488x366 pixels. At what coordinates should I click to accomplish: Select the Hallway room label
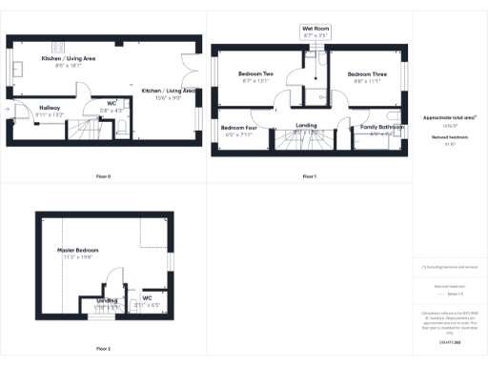click(50, 108)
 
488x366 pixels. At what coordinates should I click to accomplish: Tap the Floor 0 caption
click(103, 176)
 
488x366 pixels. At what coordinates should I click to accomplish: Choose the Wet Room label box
click(315, 29)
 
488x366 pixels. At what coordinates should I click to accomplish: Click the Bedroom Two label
click(255, 73)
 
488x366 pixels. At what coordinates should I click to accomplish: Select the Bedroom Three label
click(366, 73)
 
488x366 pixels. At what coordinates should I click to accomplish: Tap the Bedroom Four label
click(238, 128)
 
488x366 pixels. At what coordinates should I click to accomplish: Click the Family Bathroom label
click(381, 127)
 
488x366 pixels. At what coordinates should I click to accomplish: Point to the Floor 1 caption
click(309, 176)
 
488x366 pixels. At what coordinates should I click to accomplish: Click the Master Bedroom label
click(78, 250)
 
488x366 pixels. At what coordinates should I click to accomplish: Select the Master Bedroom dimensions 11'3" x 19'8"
click(78, 256)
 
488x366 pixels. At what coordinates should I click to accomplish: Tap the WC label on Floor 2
click(147, 297)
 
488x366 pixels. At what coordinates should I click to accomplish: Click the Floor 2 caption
click(103, 350)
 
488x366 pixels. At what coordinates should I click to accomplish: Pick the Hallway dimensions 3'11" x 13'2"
click(50, 113)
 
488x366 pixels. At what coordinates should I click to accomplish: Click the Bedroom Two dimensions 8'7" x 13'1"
click(255, 80)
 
